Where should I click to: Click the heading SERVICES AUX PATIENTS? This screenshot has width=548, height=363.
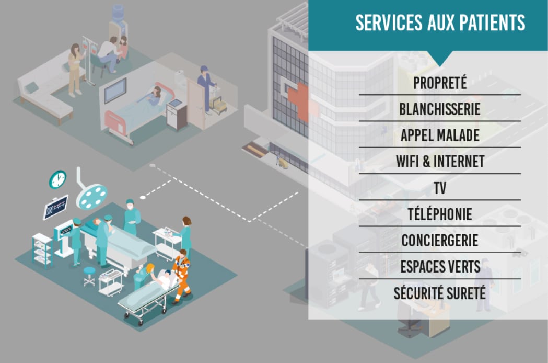[440, 23]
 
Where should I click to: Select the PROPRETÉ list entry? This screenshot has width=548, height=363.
[440, 83]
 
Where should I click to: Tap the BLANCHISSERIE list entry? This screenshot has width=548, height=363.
[440, 109]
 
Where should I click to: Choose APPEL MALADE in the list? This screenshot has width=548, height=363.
[440, 135]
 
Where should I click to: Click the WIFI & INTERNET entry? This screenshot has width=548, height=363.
[440, 162]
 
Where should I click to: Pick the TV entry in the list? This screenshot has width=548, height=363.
[440, 188]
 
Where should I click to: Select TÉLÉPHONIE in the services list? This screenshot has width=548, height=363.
[440, 214]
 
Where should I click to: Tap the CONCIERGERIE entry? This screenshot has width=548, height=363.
[440, 241]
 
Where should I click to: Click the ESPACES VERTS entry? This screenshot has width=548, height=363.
[440, 267]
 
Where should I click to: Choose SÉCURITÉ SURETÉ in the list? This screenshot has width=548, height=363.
[440, 293]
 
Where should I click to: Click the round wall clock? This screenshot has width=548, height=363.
[57, 179]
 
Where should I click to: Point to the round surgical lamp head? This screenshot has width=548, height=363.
[91, 197]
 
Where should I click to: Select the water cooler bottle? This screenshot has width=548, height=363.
[119, 14]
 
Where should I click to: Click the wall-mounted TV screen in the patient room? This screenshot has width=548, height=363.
[115, 90]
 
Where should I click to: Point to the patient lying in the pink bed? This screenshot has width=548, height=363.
[150, 96]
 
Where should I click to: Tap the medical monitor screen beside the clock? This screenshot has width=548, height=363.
[55, 208]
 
